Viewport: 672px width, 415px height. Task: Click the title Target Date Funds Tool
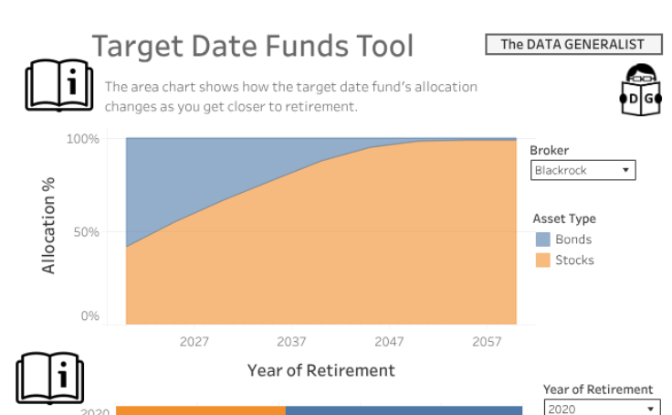tap(253, 47)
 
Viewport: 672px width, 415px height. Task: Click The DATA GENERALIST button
tap(572, 44)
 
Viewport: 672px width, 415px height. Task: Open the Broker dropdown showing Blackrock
tap(583, 170)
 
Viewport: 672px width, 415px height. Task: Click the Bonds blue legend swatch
tap(542, 239)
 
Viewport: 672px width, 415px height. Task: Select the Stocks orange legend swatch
tap(542, 261)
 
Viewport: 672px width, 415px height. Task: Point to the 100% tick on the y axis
tap(82, 139)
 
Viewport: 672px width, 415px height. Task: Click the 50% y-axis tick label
tap(86, 231)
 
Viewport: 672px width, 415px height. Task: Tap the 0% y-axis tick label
tap(89, 316)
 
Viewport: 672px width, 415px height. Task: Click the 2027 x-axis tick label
tap(194, 342)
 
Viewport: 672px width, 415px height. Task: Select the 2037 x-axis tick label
tap(292, 342)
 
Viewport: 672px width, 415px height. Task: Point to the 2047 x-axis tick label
tap(389, 342)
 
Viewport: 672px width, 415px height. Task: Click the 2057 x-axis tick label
tap(487, 342)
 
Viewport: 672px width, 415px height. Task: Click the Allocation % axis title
tap(48, 226)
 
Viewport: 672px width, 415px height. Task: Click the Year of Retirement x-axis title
tap(320, 370)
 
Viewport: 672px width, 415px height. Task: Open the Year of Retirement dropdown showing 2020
tap(601, 409)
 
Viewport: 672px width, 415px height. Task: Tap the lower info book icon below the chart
tap(50, 377)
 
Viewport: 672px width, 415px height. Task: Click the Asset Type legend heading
tap(563, 218)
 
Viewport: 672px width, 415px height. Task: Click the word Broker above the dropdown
tap(549, 151)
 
